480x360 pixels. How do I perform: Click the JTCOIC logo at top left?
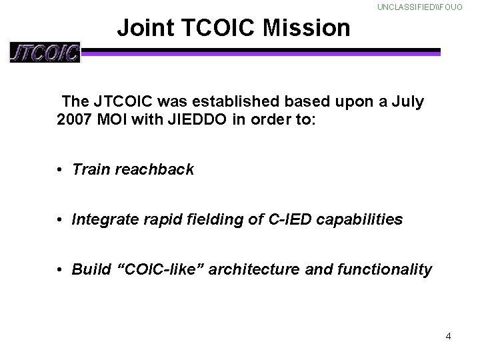click(x=45, y=52)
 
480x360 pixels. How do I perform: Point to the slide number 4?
click(x=448, y=336)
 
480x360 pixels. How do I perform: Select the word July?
click(x=406, y=103)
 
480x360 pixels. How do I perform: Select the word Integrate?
click(x=103, y=219)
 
